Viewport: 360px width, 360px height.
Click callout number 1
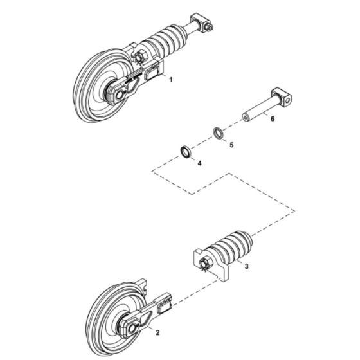pyautogui.click(x=170, y=80)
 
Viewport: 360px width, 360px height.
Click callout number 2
pyautogui.click(x=157, y=332)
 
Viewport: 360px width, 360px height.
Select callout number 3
pyautogui.click(x=247, y=266)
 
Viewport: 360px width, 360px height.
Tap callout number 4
pyautogui.click(x=200, y=163)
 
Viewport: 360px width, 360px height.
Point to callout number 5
pyautogui.click(x=231, y=145)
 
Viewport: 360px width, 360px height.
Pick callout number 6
pyautogui.click(x=273, y=119)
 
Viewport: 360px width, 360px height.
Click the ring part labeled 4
pyautogui.click(x=185, y=151)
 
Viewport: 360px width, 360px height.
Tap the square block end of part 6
pyautogui.click(x=282, y=97)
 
